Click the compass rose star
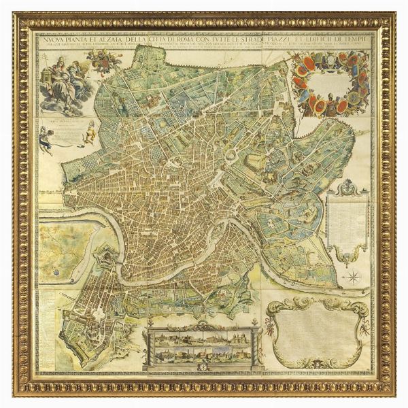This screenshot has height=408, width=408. click(352, 276)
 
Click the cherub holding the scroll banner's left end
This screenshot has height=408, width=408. click(46, 137)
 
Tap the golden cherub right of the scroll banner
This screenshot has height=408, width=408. click(88, 132)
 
